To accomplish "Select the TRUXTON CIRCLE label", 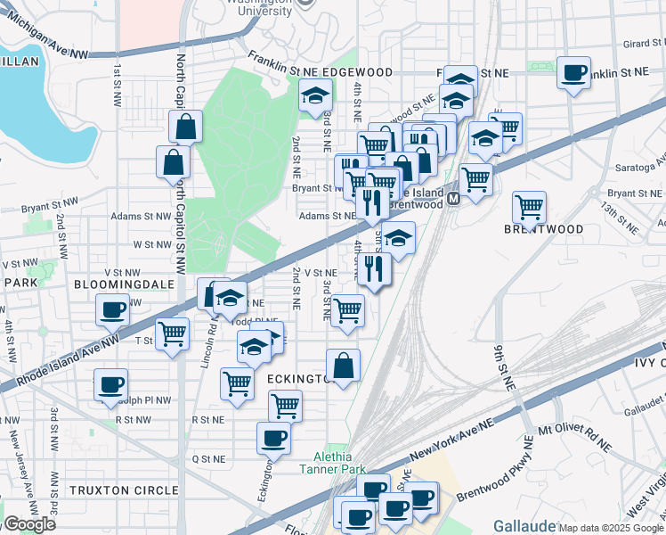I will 124,490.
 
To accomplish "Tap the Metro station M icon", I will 453,198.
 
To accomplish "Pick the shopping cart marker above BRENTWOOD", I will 530,208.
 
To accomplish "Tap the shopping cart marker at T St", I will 172,334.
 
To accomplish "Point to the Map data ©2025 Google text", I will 612,528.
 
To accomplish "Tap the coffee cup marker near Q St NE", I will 273,438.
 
